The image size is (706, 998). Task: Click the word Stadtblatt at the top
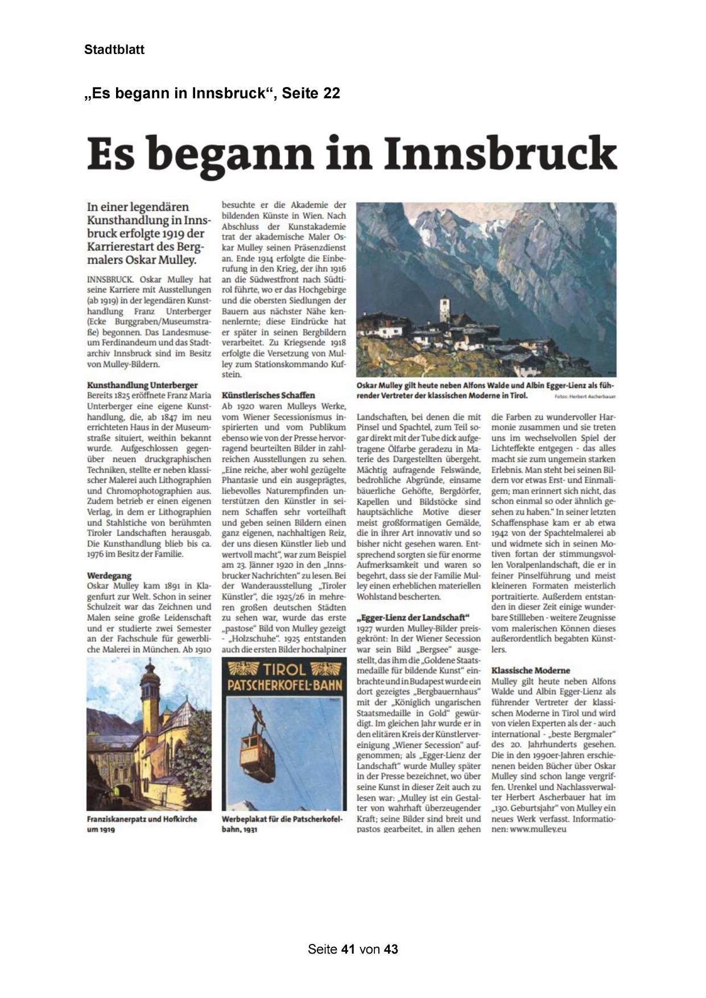click(x=114, y=50)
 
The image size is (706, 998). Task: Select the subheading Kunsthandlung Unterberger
click(x=142, y=385)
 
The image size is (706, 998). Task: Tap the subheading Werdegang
click(x=109, y=575)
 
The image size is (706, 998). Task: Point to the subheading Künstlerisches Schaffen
click(x=268, y=395)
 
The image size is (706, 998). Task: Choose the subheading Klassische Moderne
click(x=530, y=670)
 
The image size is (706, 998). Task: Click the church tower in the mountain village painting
click(x=444, y=310)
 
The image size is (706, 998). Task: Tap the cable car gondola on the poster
click(x=258, y=754)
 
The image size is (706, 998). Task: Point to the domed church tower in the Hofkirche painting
click(x=150, y=688)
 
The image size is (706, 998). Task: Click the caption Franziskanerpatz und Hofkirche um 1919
click(x=142, y=824)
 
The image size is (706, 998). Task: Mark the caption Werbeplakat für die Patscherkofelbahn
click(x=282, y=824)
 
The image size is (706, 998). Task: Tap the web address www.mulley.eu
click(x=538, y=830)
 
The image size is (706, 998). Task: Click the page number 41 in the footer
click(x=349, y=949)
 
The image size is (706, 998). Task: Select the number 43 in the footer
click(x=391, y=949)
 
